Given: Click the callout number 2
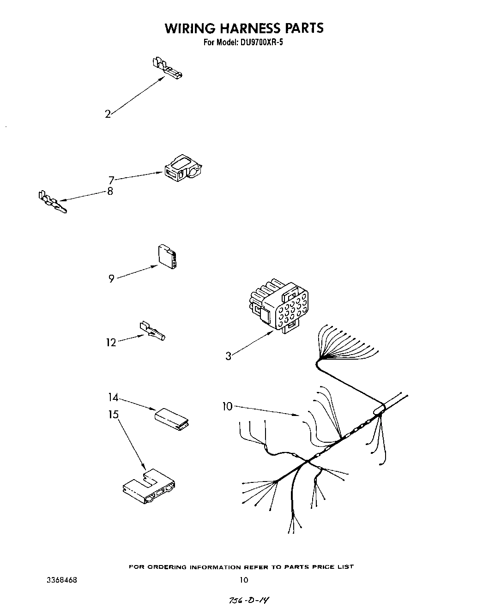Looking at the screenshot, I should click(x=108, y=114).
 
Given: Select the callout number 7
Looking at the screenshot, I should click(x=111, y=180).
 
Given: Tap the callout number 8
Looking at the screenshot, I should click(x=110, y=191).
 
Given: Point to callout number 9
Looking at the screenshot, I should click(x=111, y=279).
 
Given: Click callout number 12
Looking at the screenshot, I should click(x=111, y=343).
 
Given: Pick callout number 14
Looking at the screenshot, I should click(x=113, y=397).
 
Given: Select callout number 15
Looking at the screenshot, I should click(x=113, y=415).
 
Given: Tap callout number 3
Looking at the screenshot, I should click(x=228, y=356).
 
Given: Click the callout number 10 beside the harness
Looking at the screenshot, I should click(x=227, y=406).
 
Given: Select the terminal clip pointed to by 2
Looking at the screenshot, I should click(x=166, y=68).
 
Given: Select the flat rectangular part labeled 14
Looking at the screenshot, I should click(x=172, y=417).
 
